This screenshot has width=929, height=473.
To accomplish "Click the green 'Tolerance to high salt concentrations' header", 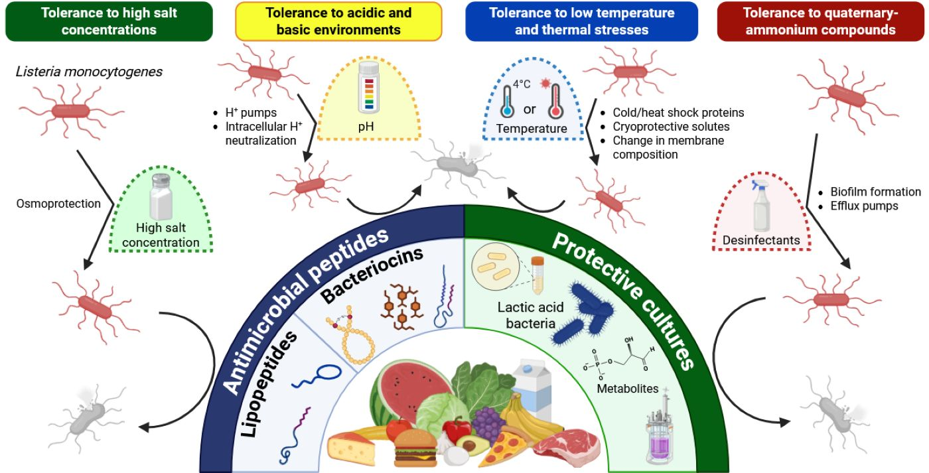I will coord(109,21).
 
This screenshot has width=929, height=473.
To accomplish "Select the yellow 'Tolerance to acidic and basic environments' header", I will coord(338,21).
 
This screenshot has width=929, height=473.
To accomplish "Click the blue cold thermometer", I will coord(510,102).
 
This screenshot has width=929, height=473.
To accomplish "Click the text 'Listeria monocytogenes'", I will coord(89,72).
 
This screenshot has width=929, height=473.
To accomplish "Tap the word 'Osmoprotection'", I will coord(58,204).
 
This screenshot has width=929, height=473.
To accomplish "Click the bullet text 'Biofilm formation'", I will coord(875,192).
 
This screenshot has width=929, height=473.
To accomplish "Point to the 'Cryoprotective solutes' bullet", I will coord(671,127).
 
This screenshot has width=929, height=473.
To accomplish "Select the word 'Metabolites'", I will coord(626,389).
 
